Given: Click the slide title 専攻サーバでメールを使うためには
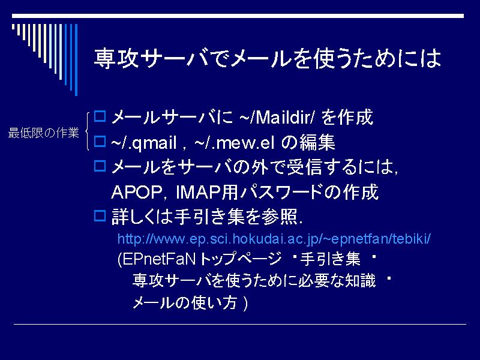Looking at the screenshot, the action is tap(267, 58).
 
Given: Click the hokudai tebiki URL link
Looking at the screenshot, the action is tap(274, 239).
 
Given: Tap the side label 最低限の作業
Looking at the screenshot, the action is tap(43, 133).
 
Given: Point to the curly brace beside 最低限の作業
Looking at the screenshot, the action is tap(87, 131).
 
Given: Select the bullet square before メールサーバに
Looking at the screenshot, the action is tap(100, 116).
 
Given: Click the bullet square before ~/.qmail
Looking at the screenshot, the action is tap(100, 142).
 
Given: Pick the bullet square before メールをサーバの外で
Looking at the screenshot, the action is tap(100, 166).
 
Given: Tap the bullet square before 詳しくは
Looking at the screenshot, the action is tap(100, 216).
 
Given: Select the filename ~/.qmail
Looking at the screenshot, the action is tap(144, 143).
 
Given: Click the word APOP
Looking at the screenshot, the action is tap(137, 193).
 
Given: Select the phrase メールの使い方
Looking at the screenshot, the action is tap(185, 303).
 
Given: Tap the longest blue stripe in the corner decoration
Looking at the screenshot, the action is tap(76, 59).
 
